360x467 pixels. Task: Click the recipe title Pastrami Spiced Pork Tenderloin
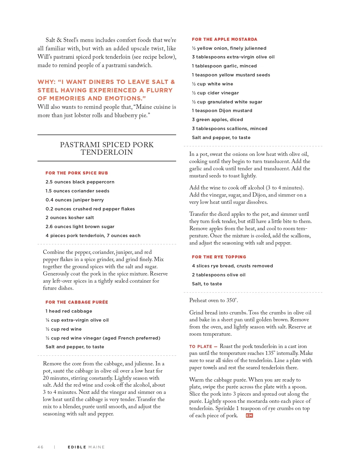[x=106, y=148]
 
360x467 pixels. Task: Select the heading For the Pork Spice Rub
[x=76, y=173]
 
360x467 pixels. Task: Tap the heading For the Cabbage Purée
[x=76, y=302]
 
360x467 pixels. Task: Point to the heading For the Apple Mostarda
[x=224, y=39]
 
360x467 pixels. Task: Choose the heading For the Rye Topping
[x=219, y=257]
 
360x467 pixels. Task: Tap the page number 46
[x=40, y=447]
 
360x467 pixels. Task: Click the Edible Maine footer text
[x=86, y=447]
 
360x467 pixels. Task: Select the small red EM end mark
[x=249, y=415]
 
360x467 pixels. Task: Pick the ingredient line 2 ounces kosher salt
[x=70, y=218]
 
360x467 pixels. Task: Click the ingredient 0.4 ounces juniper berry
[x=74, y=200]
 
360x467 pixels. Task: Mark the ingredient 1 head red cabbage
[x=69, y=311]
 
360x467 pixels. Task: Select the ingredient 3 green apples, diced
[x=217, y=120]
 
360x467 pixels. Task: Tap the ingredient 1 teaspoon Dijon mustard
[x=222, y=111]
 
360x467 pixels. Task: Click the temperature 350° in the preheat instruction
[x=232, y=300]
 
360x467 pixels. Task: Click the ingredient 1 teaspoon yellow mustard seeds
[x=231, y=75]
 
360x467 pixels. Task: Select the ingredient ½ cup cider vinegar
[x=215, y=93]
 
